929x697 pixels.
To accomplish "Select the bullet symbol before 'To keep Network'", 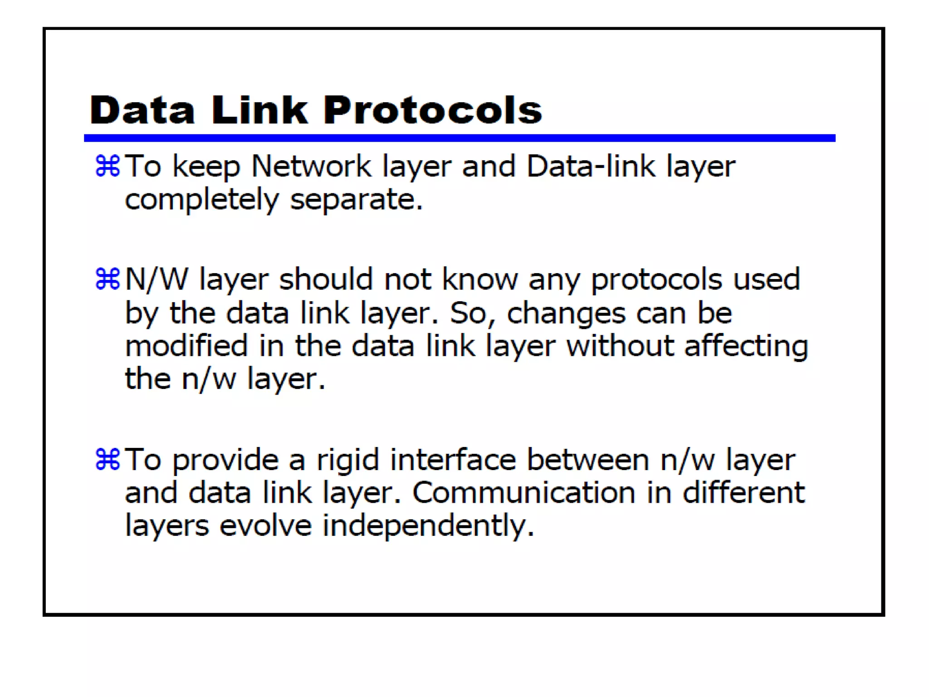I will point(108,166).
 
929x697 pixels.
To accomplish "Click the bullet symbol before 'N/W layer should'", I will point(108,279).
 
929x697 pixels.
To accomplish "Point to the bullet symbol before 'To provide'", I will point(108,459).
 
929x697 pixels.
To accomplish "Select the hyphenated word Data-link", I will point(591,166).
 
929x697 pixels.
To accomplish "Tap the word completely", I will point(202,200).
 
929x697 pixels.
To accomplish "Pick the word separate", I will point(356,200).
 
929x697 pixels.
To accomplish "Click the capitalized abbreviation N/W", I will point(156,279).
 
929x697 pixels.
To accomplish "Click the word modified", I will point(186,346).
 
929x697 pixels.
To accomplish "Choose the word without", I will point(620,346).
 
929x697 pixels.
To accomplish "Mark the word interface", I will point(453,460).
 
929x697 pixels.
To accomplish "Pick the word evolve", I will point(266,525).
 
